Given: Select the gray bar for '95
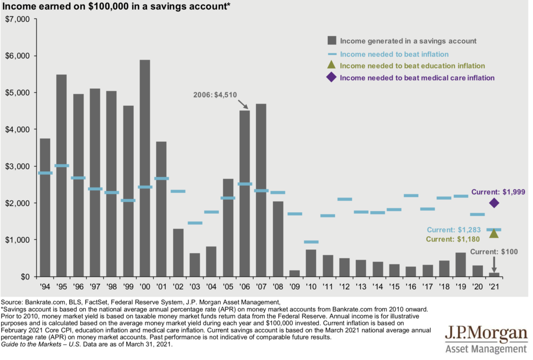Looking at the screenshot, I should point(62,176).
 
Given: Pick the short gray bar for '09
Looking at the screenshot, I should point(294,273).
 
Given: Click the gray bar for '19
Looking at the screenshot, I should point(461,264).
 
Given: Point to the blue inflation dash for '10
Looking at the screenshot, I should point(311,242).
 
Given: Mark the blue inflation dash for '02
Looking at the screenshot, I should point(178,192).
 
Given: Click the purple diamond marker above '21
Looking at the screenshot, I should point(494,203).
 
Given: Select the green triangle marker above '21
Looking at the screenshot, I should point(494,233).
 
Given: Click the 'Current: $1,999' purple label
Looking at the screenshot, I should point(498,192).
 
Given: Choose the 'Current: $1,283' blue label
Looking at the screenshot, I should point(453,230).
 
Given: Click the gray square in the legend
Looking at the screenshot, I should point(331,41).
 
